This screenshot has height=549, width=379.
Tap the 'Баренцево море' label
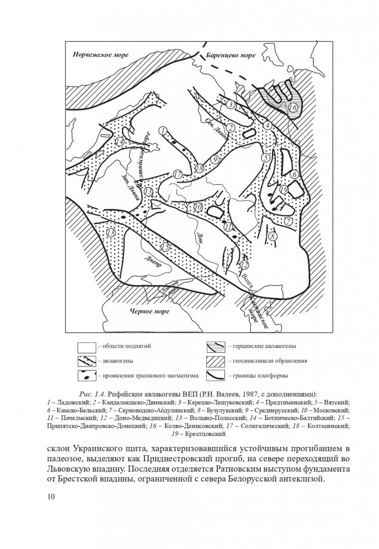[232, 55]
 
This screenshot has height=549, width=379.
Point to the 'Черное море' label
[148, 312]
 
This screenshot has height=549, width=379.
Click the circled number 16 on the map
[293, 107]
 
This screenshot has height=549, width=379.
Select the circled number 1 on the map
[162, 129]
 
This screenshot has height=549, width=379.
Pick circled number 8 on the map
[273, 235]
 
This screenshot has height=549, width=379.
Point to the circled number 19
[284, 189]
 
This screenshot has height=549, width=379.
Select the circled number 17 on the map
[177, 174]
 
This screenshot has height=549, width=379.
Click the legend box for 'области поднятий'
[87, 347]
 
